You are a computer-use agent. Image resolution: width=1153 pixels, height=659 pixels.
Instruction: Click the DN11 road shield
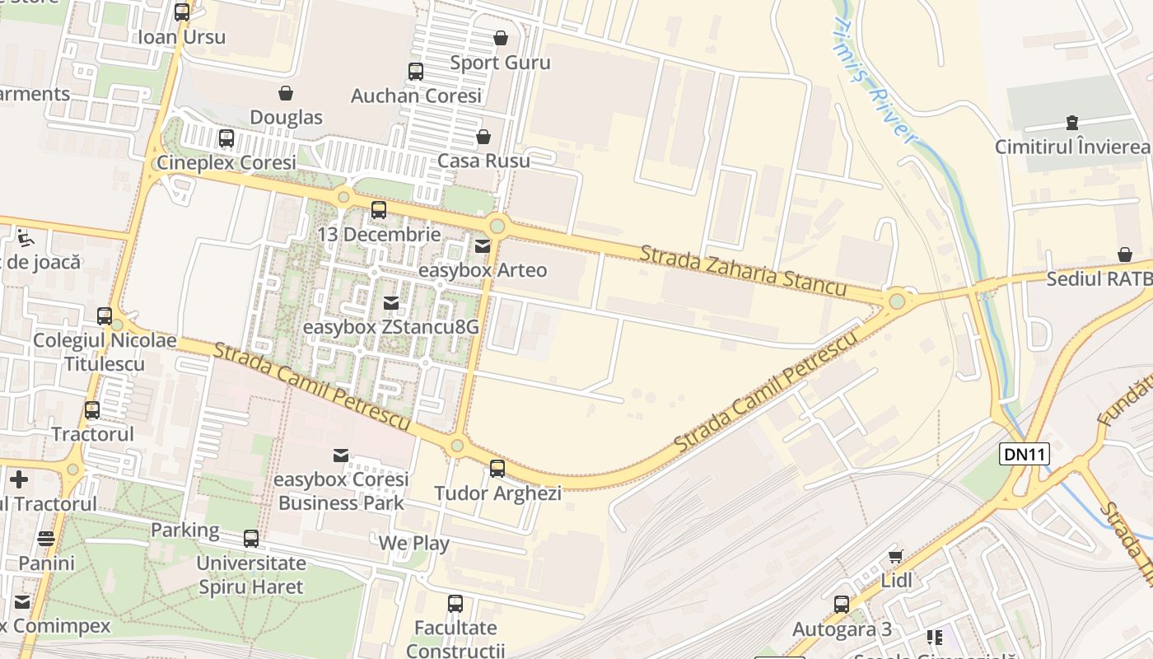click(1025, 453)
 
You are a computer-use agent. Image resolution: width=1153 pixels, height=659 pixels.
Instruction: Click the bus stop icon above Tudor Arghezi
click(497, 469)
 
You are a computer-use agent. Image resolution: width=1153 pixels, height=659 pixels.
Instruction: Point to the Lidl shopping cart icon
click(896, 557)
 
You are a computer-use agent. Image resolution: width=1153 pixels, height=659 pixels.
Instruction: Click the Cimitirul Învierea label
click(1071, 147)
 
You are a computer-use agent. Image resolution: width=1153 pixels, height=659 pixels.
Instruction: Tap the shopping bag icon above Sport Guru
click(500, 38)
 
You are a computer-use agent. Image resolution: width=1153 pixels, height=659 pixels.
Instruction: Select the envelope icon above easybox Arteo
click(483, 245)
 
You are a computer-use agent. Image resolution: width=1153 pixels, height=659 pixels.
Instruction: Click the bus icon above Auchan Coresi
click(416, 72)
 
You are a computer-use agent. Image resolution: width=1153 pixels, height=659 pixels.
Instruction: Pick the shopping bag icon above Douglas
click(286, 93)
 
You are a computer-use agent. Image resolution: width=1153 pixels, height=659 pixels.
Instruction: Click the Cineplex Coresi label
click(226, 162)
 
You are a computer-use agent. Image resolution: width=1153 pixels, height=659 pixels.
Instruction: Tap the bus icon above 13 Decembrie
click(379, 210)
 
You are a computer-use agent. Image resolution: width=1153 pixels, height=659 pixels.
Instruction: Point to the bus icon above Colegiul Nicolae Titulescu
click(105, 316)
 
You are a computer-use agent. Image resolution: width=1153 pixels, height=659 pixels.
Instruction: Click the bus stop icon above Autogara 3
click(842, 605)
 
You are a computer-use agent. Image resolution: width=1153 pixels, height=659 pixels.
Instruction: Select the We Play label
click(413, 544)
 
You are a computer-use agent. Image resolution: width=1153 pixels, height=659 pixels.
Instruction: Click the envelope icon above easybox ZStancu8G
click(391, 303)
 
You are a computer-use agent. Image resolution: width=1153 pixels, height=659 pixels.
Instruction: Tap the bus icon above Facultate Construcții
click(455, 604)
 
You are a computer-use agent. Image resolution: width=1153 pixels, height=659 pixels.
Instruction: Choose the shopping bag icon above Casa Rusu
click(483, 136)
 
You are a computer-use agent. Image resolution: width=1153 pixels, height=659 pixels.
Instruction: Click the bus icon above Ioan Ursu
click(182, 12)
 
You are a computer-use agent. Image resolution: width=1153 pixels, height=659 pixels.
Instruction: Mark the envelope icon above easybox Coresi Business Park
click(340, 456)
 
